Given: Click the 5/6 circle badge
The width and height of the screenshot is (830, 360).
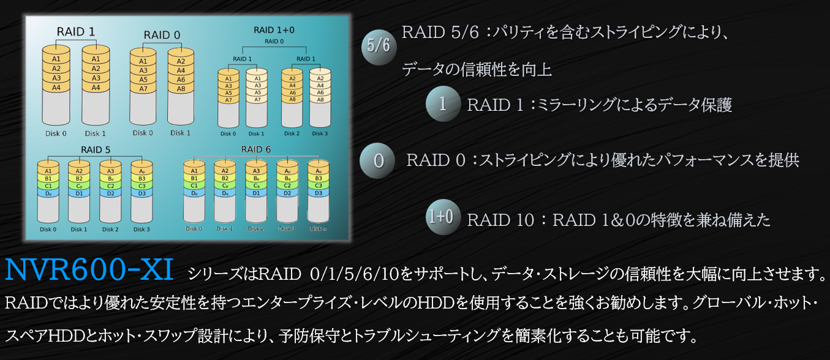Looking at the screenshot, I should coord(378,46).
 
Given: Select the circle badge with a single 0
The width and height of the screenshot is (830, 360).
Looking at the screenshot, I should coord(379,161).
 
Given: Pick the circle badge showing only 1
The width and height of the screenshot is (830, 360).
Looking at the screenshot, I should coord(443,105).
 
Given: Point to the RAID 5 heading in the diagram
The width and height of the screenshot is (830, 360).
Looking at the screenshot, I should coord(96,149).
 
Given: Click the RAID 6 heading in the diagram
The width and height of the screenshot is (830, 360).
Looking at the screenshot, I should coord(256,149).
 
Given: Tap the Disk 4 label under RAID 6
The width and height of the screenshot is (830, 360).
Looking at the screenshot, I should coord(318,228).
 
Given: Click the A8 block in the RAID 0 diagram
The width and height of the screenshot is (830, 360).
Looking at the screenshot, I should coord(181,89).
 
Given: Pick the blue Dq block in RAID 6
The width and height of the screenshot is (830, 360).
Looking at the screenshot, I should coord(225,193).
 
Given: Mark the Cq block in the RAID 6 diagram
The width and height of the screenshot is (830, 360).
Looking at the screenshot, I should coord(256,186).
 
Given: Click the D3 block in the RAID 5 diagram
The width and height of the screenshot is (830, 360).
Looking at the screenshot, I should coord(141,193).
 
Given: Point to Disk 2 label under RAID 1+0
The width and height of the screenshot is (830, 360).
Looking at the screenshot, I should coord(292,133).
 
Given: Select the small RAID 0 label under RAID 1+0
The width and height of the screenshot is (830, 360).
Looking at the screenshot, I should coord(274,41).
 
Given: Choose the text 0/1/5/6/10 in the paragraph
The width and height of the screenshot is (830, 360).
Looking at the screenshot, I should coord(355,274).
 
